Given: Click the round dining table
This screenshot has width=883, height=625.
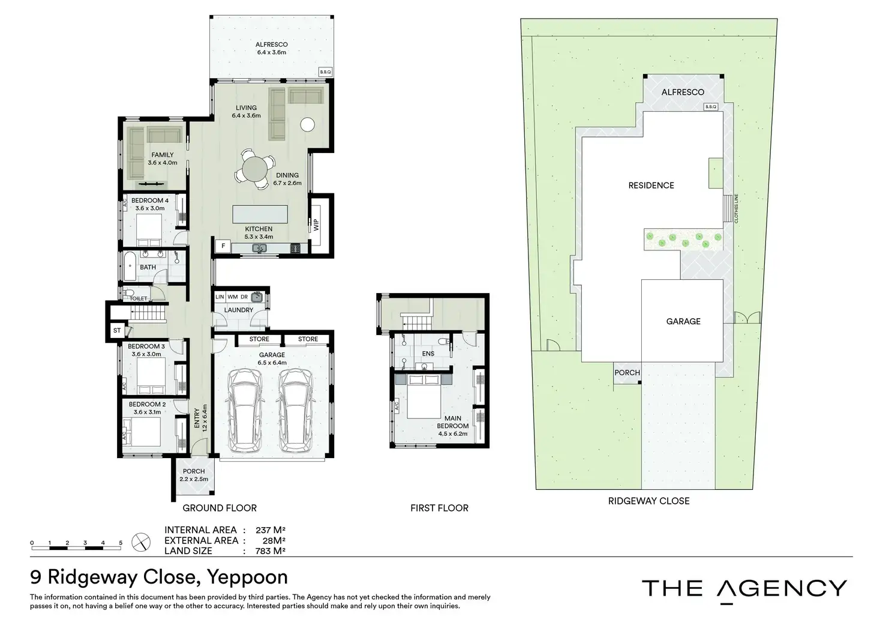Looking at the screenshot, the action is pos(255,169).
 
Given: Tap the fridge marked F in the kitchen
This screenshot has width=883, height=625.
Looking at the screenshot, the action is pos(223,246).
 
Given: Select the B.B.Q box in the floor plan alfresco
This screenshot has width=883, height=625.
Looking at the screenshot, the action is pos(326,72).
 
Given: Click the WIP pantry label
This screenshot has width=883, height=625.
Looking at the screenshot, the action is pos(316,225).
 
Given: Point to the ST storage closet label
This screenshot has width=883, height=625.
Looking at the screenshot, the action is pos(117,330).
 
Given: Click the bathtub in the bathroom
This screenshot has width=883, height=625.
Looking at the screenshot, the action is pos(130,267).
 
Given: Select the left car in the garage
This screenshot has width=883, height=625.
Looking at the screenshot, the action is pos(245,411).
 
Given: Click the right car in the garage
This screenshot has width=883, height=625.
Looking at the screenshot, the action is pos(296,411).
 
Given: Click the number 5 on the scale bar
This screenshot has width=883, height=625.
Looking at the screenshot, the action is pos(121,543).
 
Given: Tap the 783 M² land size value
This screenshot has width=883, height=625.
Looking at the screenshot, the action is pos(270,551).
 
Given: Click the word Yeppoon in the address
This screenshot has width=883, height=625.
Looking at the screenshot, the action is pos(247,578).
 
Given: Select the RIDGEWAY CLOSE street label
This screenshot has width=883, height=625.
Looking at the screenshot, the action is pos(649,501).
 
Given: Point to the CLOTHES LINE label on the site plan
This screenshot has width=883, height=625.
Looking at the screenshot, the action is pos(736,208).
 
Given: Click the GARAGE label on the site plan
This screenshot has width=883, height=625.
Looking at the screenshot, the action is pos(683,322).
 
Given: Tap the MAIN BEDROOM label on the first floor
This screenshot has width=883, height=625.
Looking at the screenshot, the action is pos(452,422).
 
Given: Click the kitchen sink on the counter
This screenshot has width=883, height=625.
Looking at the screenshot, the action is pos(259,248).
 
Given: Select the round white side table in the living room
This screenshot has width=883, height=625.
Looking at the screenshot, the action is pos(308,125).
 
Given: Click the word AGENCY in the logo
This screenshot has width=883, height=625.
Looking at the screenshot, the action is pos(782,588).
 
